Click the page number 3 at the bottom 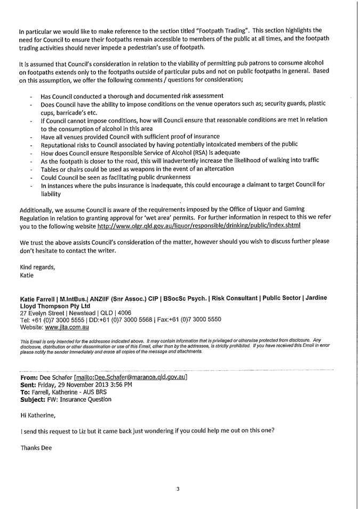click(178, 487)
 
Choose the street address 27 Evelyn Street click(44, 312)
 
